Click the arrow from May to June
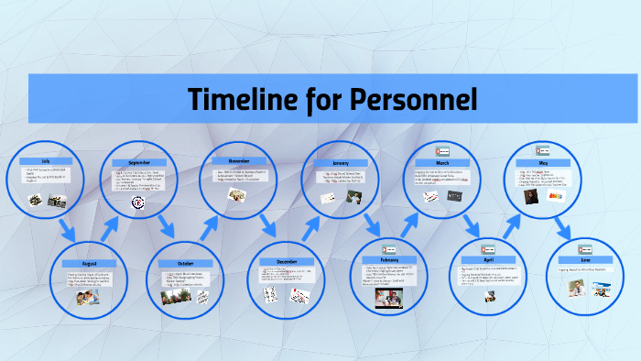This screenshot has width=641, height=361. click(x=565, y=226)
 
